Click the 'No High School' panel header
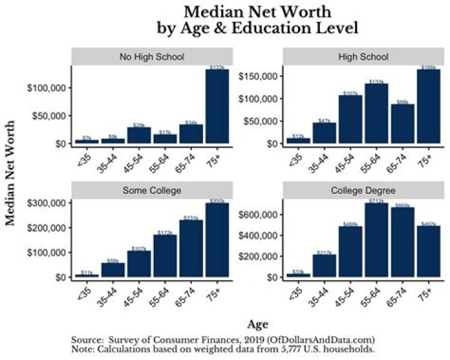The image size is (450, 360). click(152, 57)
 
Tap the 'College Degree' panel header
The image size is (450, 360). click(363, 191)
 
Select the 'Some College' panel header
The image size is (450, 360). click(152, 191)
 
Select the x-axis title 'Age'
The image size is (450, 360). click(257, 324)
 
